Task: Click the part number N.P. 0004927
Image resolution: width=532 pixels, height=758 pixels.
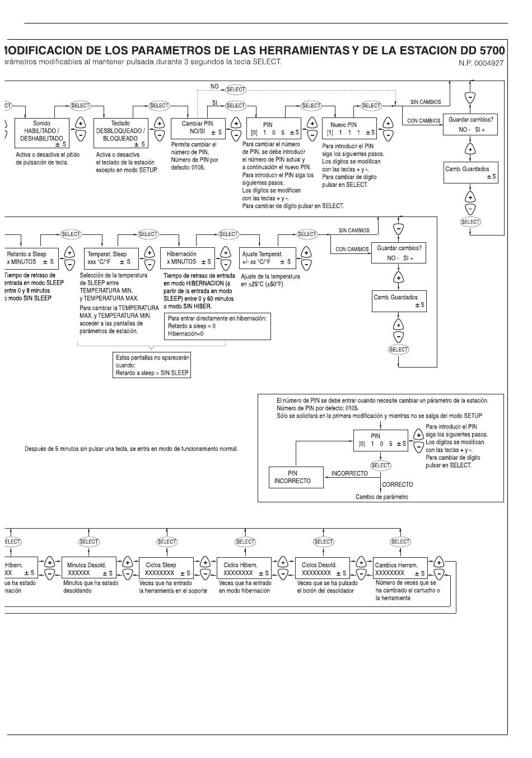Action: click(x=480, y=63)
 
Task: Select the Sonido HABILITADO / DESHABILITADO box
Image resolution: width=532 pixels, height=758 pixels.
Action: click(x=42, y=134)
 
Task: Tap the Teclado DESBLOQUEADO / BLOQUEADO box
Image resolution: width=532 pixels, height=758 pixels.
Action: click(x=121, y=134)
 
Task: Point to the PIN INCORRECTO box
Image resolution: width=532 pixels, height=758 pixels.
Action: click(x=296, y=477)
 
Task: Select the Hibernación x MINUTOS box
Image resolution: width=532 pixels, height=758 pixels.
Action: click(x=189, y=258)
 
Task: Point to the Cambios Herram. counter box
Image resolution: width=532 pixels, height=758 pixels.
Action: click(x=400, y=569)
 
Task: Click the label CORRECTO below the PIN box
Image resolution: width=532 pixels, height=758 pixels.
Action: click(x=398, y=484)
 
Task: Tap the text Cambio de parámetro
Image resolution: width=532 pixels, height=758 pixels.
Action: click(x=382, y=497)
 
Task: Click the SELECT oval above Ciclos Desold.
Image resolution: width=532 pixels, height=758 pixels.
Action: click(x=323, y=542)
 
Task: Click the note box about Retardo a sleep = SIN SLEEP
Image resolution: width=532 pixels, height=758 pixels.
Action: click(x=152, y=365)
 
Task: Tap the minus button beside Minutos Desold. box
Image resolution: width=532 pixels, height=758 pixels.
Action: click(x=127, y=574)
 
